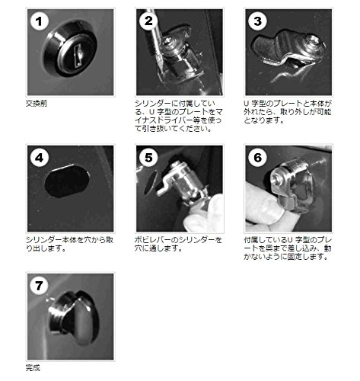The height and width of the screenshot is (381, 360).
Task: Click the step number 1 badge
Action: point(40,21)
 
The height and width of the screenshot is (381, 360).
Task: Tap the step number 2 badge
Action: point(148,21)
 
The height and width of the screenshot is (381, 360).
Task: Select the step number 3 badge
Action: point(257,21)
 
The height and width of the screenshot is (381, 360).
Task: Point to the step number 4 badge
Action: point(40,158)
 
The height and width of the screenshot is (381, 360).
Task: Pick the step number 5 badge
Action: point(148,158)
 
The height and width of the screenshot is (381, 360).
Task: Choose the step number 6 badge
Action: point(257,158)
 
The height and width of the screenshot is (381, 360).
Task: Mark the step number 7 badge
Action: point(39,286)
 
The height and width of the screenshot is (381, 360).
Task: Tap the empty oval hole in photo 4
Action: point(67,181)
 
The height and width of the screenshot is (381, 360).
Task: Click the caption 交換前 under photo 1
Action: point(37,104)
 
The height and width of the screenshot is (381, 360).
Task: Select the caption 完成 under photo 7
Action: point(33,367)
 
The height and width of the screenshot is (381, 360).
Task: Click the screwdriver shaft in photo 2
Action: point(155,38)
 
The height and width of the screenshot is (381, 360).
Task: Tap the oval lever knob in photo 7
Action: point(84,321)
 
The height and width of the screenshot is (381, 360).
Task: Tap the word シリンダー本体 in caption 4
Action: point(47,240)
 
